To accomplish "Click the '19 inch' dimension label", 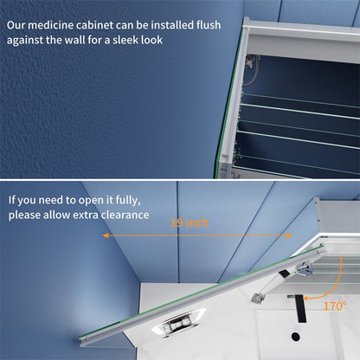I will point(190,224).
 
